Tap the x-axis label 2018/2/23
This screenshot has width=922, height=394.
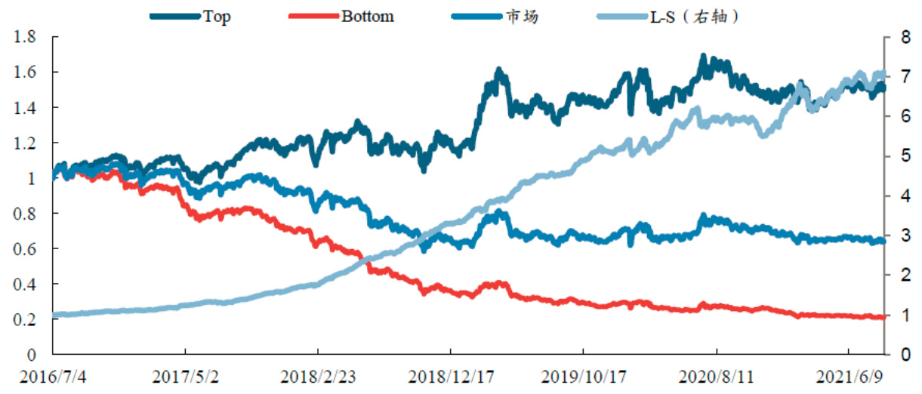point(318,376)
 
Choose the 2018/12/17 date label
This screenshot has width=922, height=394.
point(451,376)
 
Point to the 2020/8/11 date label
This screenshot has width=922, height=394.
point(717,376)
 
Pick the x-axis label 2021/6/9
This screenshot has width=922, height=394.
point(849,376)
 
